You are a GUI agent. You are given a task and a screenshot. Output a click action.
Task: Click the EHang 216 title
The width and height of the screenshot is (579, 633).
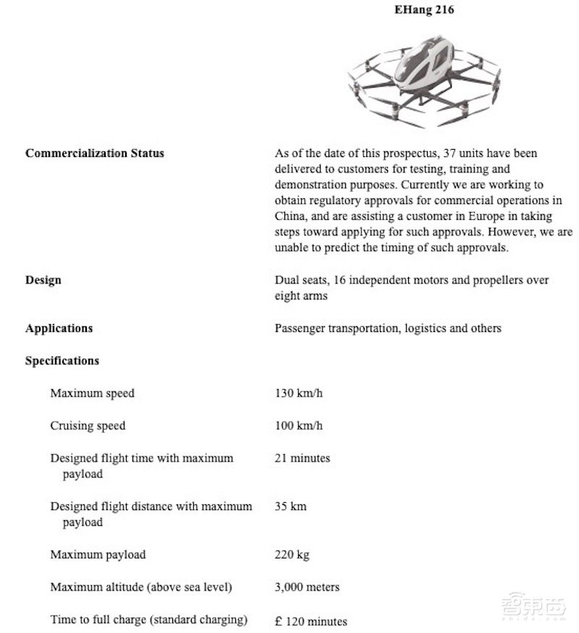tap(424, 11)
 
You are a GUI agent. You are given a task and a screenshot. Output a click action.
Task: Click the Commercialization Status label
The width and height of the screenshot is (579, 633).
tap(95, 153)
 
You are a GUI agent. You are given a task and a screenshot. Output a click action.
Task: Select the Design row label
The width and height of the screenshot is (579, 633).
tap(43, 280)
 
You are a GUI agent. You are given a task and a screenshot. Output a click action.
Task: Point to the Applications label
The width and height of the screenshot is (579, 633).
tap(59, 328)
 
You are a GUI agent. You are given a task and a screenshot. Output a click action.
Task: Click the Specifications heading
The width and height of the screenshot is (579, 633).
tap(62, 360)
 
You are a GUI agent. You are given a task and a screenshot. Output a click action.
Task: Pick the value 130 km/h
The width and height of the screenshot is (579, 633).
tap(299, 394)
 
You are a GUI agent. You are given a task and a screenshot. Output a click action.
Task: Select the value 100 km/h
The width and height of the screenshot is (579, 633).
tap(299, 425)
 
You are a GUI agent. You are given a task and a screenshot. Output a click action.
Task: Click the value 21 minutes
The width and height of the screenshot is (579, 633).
tap(303, 458)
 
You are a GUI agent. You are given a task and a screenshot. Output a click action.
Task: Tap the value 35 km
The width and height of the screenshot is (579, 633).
tap(290, 506)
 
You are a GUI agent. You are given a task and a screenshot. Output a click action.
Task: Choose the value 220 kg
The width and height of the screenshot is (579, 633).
tap(292, 555)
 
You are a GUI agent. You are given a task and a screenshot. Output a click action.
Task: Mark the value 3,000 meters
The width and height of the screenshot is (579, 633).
tap(307, 587)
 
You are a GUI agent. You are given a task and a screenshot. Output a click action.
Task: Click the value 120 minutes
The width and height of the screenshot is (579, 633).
tap(316, 621)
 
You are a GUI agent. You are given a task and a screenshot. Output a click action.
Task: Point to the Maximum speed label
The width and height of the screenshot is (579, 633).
tap(92, 394)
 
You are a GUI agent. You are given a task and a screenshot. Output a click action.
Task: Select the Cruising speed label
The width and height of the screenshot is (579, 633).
tap(88, 425)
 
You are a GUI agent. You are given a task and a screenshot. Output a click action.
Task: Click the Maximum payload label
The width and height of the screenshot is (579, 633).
tap(98, 555)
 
